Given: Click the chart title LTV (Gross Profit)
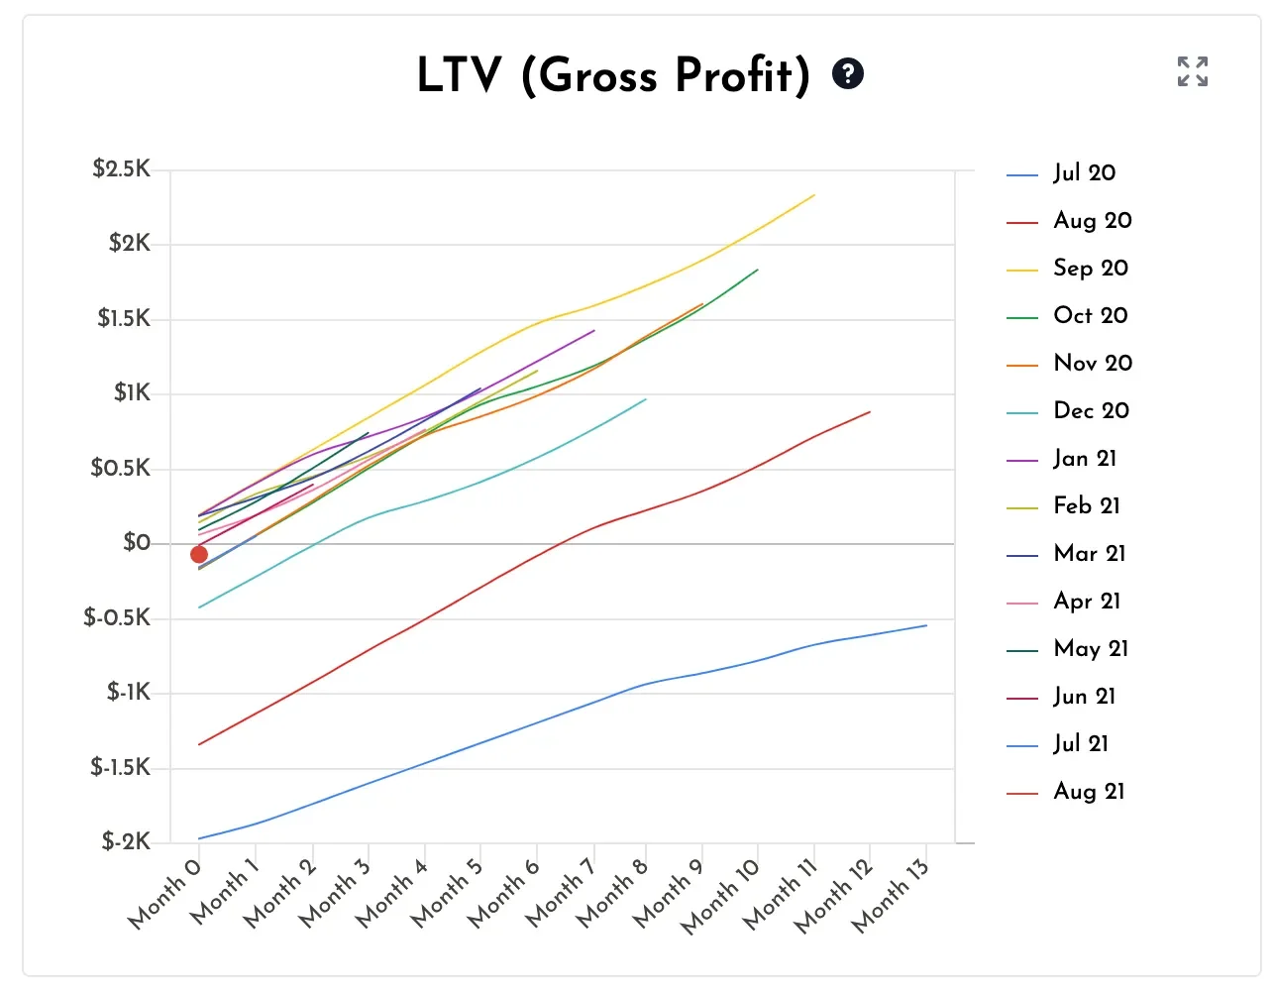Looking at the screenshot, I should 613,75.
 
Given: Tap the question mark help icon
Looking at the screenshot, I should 848,73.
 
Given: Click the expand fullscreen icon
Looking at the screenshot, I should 1192,71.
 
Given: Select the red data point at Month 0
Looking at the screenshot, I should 199,555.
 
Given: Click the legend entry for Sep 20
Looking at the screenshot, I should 1090,269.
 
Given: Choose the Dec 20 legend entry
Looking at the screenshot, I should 1090,411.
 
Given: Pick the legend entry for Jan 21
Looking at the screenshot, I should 1084,459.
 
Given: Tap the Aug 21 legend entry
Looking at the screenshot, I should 1088,792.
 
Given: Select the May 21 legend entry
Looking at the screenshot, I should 1090,649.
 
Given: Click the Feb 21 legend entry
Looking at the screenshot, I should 1086,506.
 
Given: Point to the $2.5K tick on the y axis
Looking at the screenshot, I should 122,169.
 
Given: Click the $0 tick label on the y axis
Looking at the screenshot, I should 137,543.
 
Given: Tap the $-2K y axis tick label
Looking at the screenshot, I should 126,842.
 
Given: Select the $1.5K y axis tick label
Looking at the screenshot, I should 124,319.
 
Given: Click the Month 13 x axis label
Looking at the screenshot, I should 891,895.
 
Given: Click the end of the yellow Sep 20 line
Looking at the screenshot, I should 814,195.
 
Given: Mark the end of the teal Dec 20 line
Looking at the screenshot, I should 646,399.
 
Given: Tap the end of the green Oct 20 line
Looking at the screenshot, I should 758,270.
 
